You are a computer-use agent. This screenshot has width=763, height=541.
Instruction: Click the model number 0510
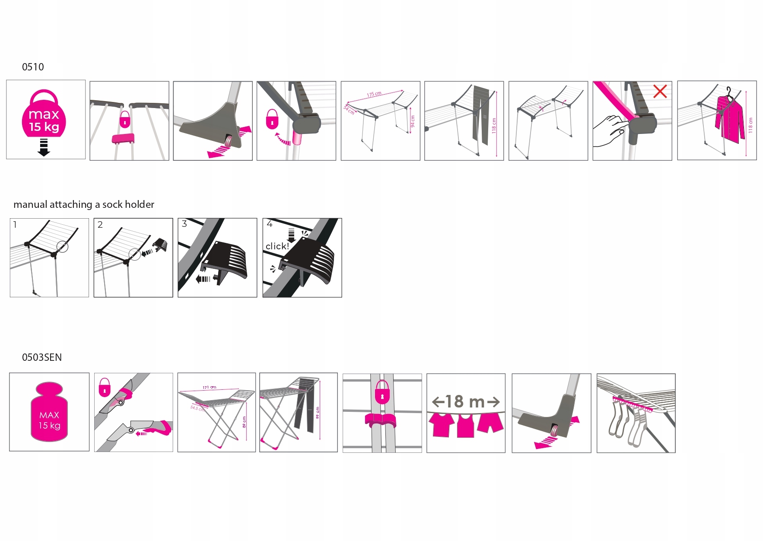(x=33, y=67)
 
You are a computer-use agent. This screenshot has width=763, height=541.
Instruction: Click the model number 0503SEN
(x=41, y=357)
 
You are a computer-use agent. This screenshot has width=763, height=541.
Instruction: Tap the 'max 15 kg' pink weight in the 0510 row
(x=44, y=115)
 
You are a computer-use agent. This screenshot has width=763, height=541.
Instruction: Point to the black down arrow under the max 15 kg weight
(x=44, y=147)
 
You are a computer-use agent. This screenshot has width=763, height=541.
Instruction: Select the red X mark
(x=660, y=91)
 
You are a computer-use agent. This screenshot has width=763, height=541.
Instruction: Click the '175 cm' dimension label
(x=374, y=94)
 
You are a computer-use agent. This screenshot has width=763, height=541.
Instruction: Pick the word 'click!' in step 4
(x=277, y=246)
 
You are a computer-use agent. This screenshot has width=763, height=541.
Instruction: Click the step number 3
(x=184, y=224)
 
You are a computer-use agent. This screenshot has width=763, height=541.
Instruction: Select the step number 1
(x=15, y=225)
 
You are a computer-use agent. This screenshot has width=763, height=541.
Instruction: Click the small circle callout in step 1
(x=63, y=246)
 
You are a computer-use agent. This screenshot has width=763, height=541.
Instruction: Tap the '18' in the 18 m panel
(x=455, y=402)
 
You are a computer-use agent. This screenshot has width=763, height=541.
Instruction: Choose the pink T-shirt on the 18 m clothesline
(x=442, y=424)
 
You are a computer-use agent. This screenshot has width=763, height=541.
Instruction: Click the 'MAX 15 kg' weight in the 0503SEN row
(x=49, y=413)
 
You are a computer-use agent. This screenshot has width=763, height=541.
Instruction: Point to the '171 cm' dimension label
(x=210, y=388)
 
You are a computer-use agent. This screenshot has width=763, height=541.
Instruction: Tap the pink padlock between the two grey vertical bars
(x=382, y=391)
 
